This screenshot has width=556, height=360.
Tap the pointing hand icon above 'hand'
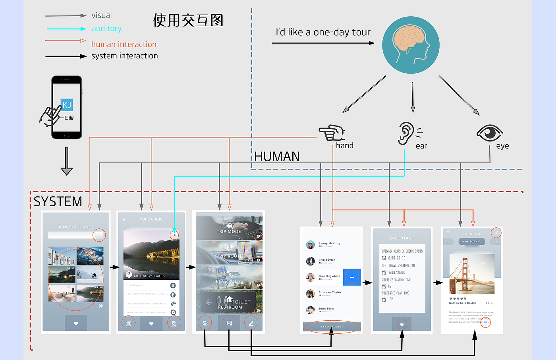click(x=332, y=133)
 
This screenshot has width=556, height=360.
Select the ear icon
click(x=407, y=133)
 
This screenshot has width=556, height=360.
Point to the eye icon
click(x=490, y=132)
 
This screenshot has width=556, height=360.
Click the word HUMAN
click(x=277, y=157)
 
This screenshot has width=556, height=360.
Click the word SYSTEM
click(x=58, y=201)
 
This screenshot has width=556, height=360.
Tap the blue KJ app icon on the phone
click(x=67, y=105)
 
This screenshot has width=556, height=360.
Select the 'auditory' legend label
click(x=106, y=29)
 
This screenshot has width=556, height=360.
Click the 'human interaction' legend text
click(x=124, y=45)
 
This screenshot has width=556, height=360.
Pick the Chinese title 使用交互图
click(x=188, y=20)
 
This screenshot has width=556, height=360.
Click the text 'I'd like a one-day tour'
click(x=323, y=32)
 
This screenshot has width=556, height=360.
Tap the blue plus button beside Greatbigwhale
click(x=352, y=277)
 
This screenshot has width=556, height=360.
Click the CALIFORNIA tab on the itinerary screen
click(x=472, y=242)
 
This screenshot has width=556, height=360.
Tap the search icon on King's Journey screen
click(x=99, y=235)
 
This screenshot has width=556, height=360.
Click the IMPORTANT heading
click(x=402, y=238)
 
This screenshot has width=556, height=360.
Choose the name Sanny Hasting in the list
click(x=329, y=243)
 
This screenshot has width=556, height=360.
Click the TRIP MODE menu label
click(x=229, y=231)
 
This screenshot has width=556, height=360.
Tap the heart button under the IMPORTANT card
click(x=402, y=324)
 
